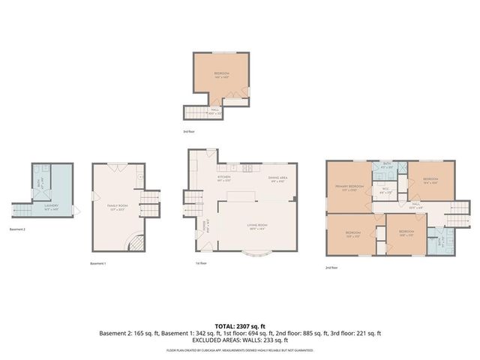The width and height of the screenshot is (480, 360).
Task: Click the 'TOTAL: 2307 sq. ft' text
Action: pos(240,326)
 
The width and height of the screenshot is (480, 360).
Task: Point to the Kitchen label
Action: pos(224,178)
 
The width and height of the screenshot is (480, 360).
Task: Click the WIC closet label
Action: pos(385,190)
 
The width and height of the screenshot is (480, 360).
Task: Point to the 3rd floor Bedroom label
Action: pos(221,74)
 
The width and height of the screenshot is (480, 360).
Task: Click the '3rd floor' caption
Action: pos(190,131)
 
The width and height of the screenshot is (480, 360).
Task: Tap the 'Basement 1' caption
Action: pos(98,264)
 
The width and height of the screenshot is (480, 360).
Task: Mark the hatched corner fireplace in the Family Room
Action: pos(134,241)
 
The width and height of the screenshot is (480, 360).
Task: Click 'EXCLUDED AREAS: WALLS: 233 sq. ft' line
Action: pos(240,340)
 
